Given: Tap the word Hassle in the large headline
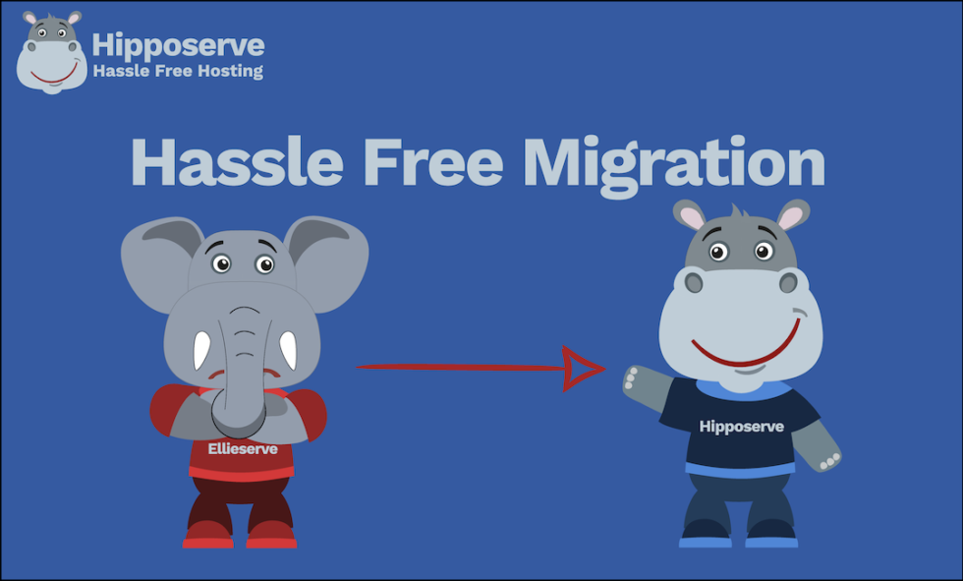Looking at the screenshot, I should [x=231, y=164].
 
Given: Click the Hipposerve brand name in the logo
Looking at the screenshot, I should [x=178, y=45].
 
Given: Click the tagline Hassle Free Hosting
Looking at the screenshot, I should [x=178, y=71].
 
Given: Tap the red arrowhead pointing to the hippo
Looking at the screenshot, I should [x=583, y=369].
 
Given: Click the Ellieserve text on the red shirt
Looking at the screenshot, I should [x=243, y=449].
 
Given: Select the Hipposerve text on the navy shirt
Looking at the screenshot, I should [x=740, y=426].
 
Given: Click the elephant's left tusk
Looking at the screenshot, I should [x=201, y=348].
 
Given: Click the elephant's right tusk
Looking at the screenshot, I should [x=288, y=348].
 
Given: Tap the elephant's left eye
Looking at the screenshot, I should [x=222, y=263].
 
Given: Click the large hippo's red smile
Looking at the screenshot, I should [x=745, y=351].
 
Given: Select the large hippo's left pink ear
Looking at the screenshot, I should [x=691, y=216].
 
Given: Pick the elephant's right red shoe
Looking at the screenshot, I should [x=270, y=536].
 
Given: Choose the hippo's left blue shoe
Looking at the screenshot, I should [x=706, y=538].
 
